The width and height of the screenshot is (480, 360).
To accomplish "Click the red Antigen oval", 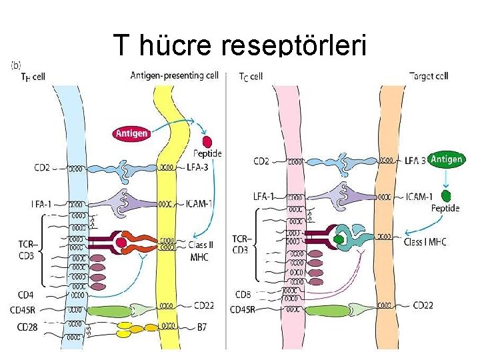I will pyautogui.click(x=133, y=134).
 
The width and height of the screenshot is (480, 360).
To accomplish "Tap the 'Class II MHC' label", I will pyautogui.click(x=201, y=249).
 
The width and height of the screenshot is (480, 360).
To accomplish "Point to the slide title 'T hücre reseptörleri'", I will pyautogui.click(x=240, y=45).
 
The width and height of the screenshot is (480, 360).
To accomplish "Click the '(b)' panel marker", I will pyautogui.click(x=17, y=66).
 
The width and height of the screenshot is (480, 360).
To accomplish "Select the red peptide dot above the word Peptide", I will pyautogui.click(x=207, y=141).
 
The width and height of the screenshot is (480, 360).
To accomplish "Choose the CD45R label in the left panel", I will pyautogui.click(x=25, y=309).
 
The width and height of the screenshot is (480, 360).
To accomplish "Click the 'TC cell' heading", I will pyautogui.click(x=251, y=76).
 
